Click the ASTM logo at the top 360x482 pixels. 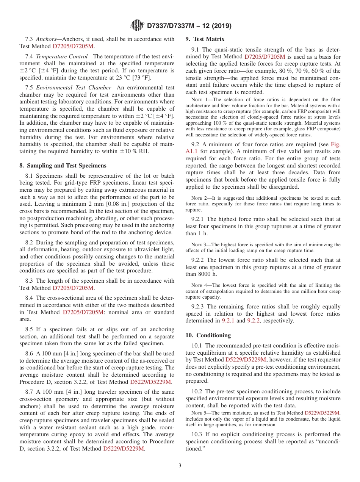tap(137, 25)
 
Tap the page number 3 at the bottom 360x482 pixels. tap(180, 466)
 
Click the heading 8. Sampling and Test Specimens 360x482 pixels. tap(63, 166)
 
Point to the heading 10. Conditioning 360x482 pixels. tap(208, 335)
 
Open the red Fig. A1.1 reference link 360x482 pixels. tap(335, 144)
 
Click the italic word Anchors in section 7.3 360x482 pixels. tap(47, 39)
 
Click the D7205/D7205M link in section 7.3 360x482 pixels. tap(73, 46)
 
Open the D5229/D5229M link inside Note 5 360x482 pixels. tap(322, 413)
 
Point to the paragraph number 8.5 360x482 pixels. tap(30, 330)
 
